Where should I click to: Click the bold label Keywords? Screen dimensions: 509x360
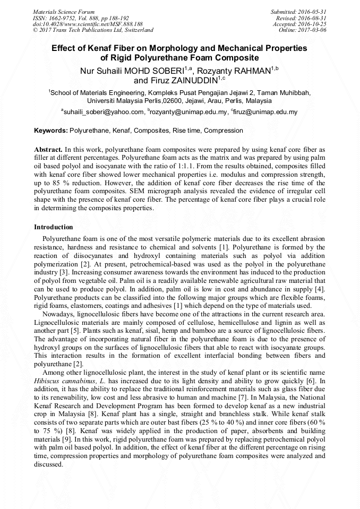(x=51, y=131)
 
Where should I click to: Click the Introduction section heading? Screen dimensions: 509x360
(x=54, y=227)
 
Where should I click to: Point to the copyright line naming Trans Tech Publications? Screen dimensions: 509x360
(x=93, y=30)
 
